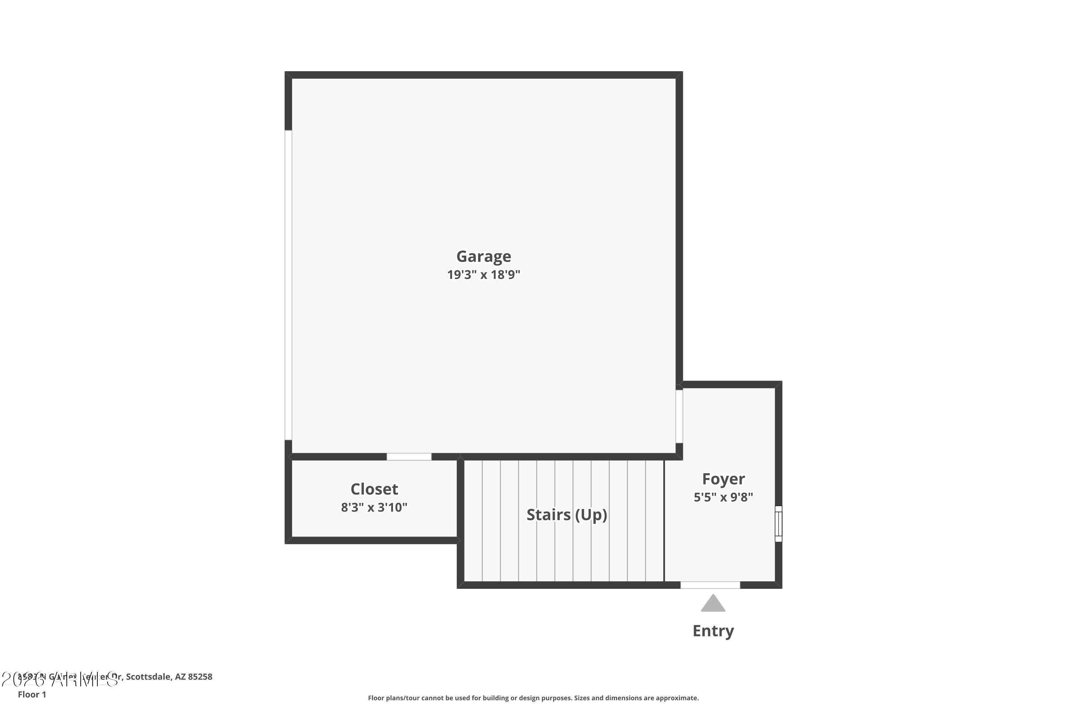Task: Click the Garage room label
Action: [484, 257]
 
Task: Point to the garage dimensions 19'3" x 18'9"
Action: [484, 275]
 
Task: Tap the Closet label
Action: [374, 489]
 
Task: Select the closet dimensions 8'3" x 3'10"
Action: [374, 507]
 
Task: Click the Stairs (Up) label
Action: [567, 514]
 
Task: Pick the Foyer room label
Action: [723, 479]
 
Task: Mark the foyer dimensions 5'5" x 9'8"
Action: [723, 497]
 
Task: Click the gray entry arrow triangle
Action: [713, 604]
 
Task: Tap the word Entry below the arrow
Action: [713, 631]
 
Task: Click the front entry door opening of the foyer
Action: [710, 585]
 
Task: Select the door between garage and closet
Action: [409, 457]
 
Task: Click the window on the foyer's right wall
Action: [779, 524]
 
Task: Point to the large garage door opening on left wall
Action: [288, 285]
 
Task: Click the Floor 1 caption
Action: [32, 694]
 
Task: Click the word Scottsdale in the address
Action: [148, 677]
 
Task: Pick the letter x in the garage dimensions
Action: [484, 275]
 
